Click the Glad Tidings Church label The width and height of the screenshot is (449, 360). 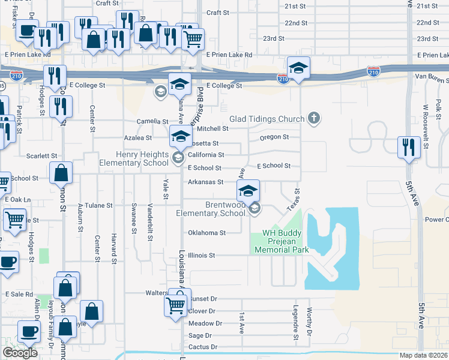[x=267, y=119]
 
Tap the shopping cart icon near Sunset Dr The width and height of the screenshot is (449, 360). [x=176, y=305]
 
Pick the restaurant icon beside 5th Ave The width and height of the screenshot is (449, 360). [x=409, y=147]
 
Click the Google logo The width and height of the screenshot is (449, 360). [x=20, y=353]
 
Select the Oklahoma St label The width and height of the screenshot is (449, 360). [x=206, y=233]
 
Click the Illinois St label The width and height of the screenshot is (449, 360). [x=201, y=255]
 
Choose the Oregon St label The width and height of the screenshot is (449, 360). [x=274, y=137]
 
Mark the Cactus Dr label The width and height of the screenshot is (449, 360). [x=202, y=347]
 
